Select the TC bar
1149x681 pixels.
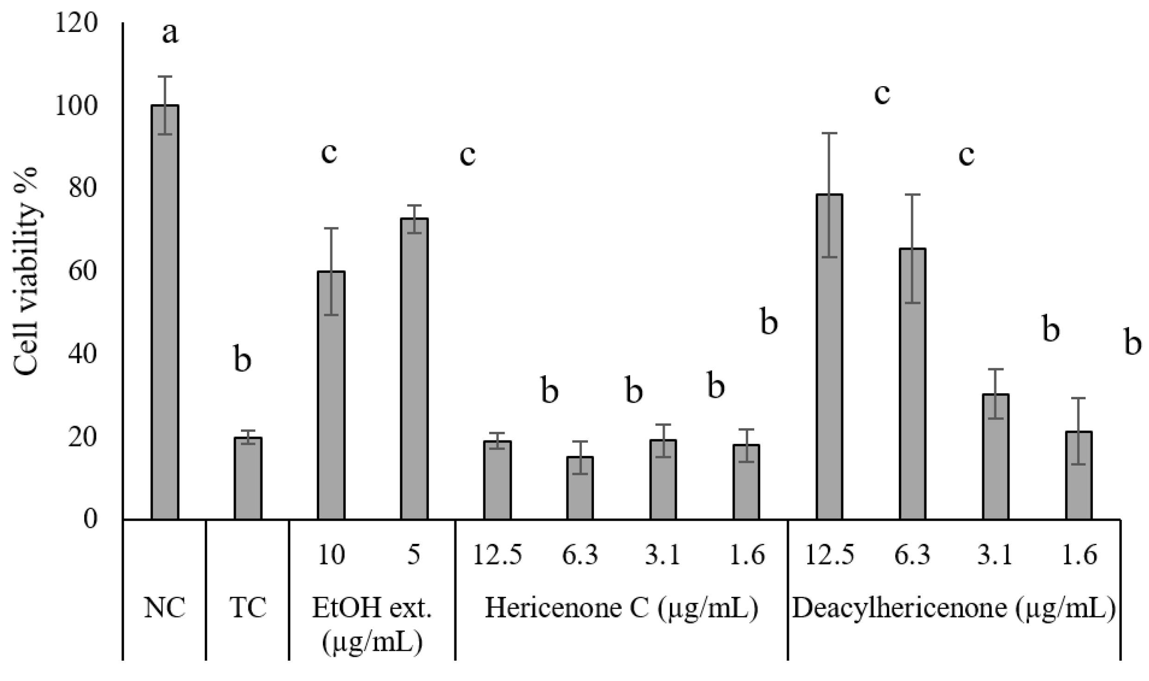(248, 478)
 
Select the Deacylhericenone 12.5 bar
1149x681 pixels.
(829, 356)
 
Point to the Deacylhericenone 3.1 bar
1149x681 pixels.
(995, 456)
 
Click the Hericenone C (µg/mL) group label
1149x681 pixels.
(621, 608)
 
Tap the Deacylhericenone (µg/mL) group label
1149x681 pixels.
(953, 608)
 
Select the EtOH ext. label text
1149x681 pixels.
(372, 608)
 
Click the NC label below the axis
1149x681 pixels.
(165, 608)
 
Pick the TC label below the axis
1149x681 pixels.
(248, 608)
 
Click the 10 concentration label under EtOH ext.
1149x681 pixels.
(331, 555)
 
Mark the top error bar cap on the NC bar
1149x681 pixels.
(165, 76)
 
